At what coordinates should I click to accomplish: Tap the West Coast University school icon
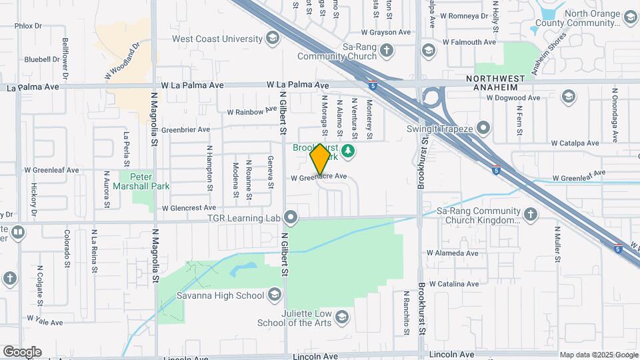point(271,37)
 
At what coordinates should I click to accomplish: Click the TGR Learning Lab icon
point(291,217)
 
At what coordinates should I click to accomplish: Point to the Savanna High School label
point(220,295)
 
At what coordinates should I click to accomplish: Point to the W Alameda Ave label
point(453,253)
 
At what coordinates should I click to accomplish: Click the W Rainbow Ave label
point(252,111)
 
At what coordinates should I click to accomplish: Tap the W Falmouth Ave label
point(471,42)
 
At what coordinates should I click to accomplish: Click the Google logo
point(22,351)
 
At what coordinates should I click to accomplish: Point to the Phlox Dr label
point(28,26)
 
